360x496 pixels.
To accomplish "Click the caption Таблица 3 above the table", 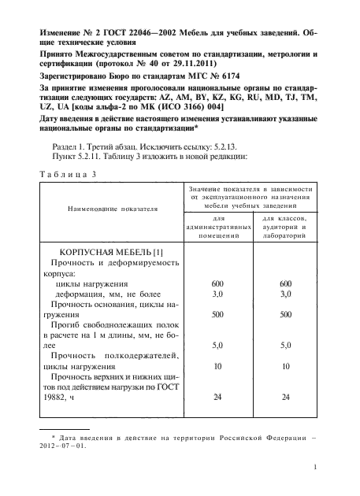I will [67, 173].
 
